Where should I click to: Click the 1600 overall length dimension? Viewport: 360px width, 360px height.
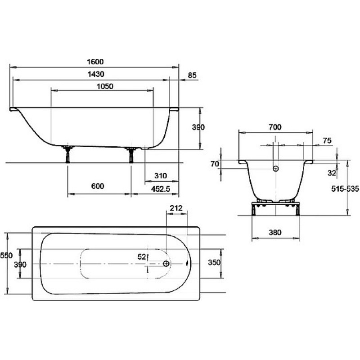(95, 62)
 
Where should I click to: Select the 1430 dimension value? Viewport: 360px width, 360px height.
(96, 74)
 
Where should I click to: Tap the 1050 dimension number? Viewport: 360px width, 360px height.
(105, 86)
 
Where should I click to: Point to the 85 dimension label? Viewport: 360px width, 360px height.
(192, 75)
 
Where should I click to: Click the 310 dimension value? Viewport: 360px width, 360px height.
(161, 176)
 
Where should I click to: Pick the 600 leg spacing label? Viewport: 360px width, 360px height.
(98, 186)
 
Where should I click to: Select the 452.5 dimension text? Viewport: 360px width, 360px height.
(161, 189)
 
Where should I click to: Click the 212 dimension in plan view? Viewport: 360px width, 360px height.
(176, 208)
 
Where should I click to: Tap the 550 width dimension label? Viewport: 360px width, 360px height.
(6, 255)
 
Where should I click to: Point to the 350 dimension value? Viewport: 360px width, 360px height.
(214, 262)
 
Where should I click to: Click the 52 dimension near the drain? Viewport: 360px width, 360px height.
(142, 256)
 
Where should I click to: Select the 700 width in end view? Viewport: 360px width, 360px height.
(275, 127)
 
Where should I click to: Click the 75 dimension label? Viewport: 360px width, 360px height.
(327, 140)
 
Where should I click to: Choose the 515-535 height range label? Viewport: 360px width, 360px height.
(345, 189)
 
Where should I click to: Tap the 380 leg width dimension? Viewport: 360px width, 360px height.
(275, 233)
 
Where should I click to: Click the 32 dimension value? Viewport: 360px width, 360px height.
(332, 173)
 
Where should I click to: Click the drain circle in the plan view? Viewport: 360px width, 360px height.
(166, 264)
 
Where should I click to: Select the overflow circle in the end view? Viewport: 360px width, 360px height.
(276, 169)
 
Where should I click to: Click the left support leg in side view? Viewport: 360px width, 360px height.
(68, 154)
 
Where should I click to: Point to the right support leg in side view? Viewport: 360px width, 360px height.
(131, 154)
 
